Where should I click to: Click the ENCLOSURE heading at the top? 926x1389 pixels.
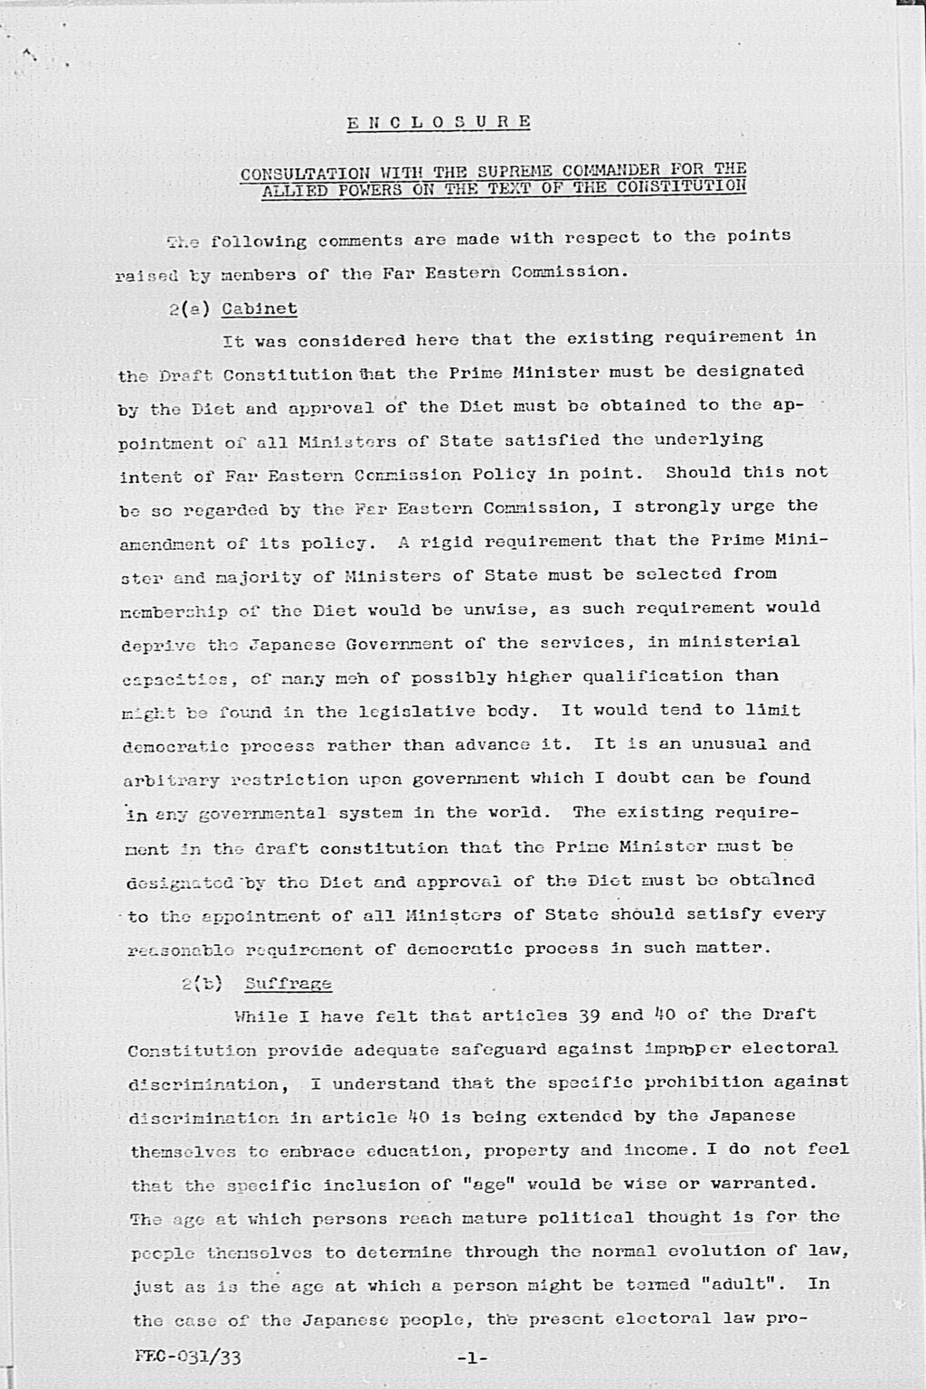pyautogui.click(x=439, y=122)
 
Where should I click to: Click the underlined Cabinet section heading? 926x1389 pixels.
pyautogui.click(x=260, y=308)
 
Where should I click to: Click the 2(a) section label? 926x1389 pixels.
pyautogui.click(x=189, y=308)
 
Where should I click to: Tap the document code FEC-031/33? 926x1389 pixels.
pyautogui.click(x=187, y=1356)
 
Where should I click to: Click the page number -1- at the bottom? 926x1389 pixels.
pyautogui.click(x=472, y=1357)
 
